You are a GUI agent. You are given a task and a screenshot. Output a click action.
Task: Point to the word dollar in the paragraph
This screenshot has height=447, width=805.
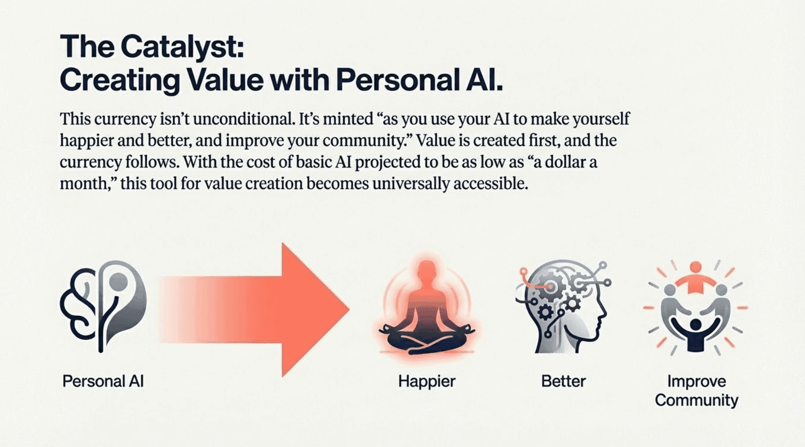click(559, 162)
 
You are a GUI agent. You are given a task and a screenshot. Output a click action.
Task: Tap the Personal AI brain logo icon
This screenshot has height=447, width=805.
click(104, 306)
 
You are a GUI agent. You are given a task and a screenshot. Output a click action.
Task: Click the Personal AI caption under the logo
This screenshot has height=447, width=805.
click(103, 381)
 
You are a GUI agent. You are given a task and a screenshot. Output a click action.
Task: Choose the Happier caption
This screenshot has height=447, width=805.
click(427, 382)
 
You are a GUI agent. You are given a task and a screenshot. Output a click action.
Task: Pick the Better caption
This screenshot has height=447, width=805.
click(563, 381)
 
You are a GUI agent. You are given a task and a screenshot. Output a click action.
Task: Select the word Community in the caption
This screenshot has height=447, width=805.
click(696, 400)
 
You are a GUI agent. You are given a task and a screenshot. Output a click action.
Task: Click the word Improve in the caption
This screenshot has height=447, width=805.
click(696, 382)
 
